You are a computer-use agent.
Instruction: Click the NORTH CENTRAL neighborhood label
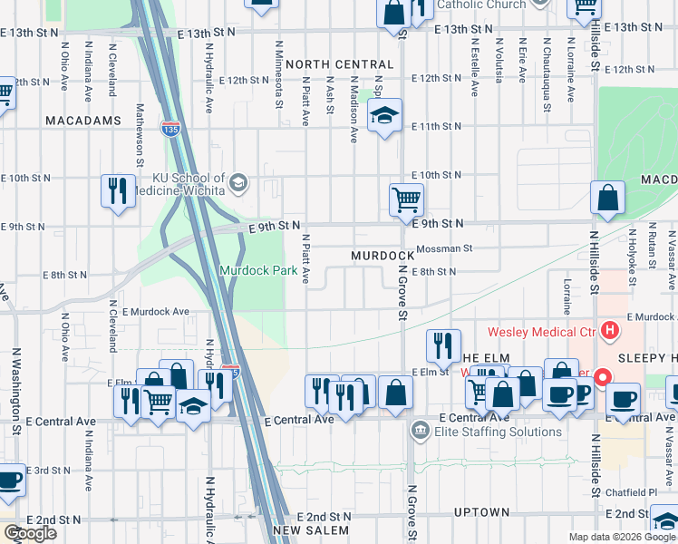coord(339,65)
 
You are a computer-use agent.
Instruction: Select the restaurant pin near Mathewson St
coord(118,190)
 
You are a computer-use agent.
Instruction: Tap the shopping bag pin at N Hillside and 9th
coord(606,198)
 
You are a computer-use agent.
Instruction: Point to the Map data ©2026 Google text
coord(622,537)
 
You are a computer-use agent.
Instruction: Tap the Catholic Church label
coord(480,5)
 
